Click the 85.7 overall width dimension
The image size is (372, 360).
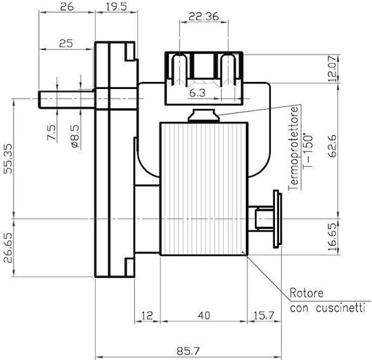tap(188, 351)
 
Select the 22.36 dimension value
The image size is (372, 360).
tap(203, 17)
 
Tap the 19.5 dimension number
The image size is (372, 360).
tap(116, 7)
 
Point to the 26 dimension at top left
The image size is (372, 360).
tap(67, 7)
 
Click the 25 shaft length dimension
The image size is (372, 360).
tap(66, 43)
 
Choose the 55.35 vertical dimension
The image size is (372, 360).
tap(8, 159)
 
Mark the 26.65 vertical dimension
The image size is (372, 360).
tap(8, 248)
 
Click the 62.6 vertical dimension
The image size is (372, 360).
tap(332, 146)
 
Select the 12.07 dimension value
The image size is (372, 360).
tap(332, 69)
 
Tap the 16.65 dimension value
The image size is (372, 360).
tap(332, 237)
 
